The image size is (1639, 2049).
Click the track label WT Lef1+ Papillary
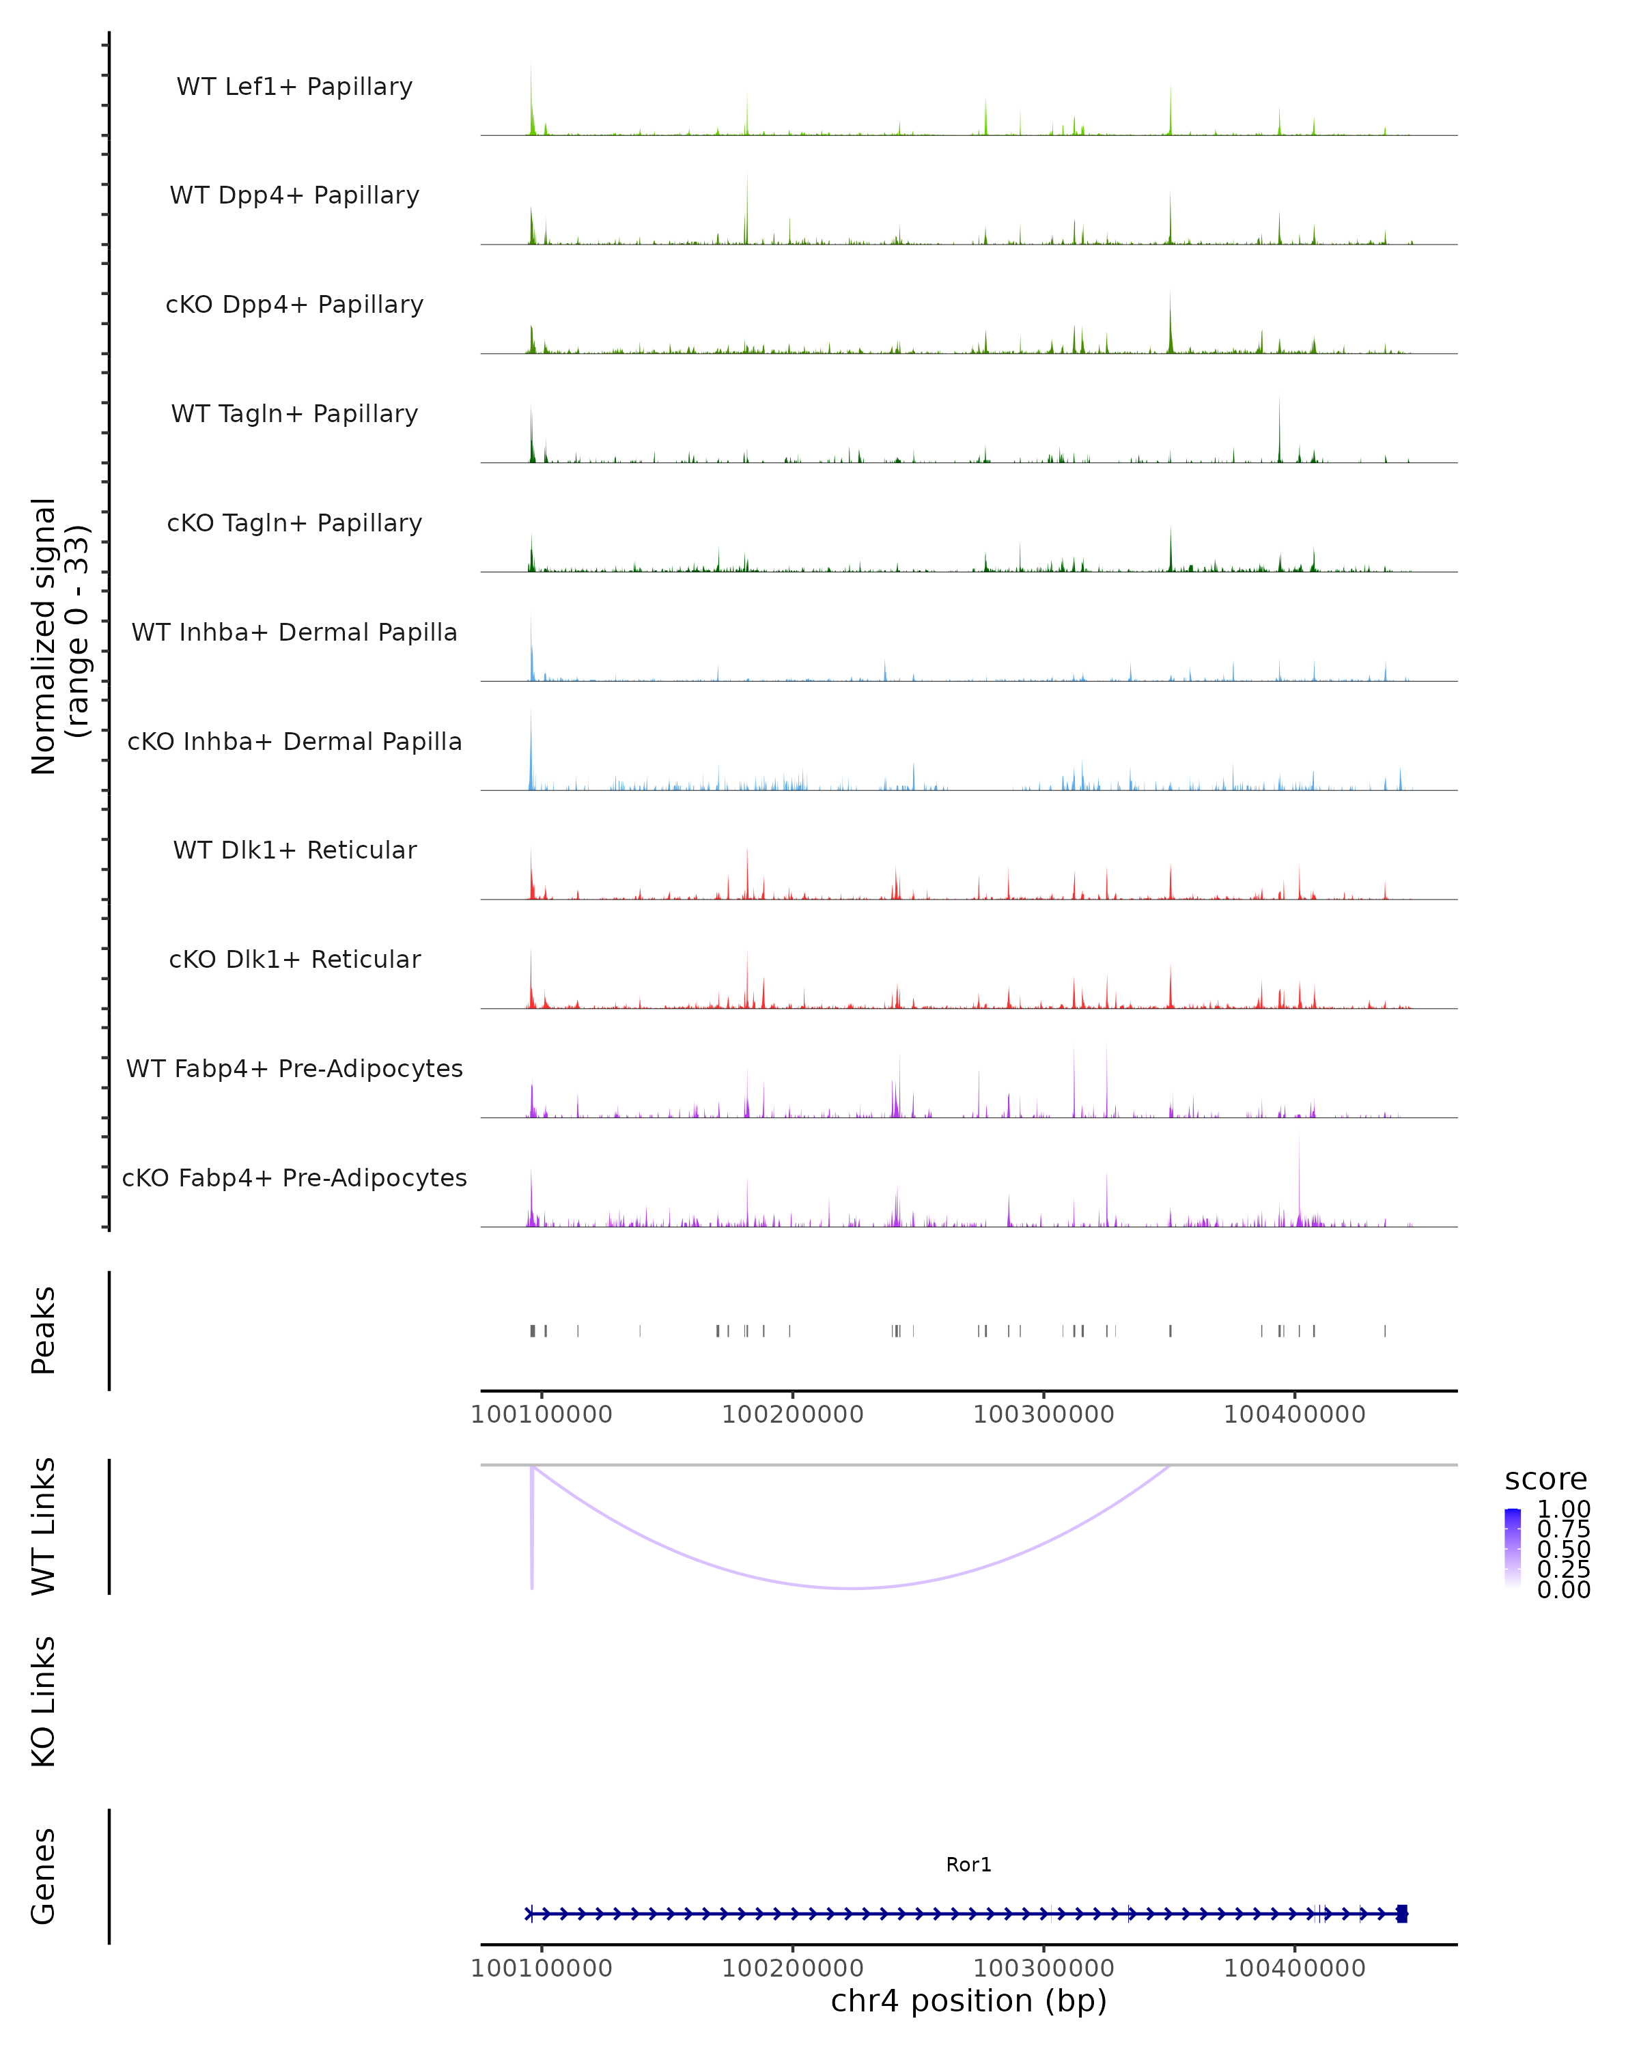click(x=294, y=87)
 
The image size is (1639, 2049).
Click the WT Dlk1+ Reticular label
click(x=294, y=850)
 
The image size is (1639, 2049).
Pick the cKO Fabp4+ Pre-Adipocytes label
click(x=294, y=1177)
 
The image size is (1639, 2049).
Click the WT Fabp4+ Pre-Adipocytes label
click(x=294, y=1068)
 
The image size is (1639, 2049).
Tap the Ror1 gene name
click(x=968, y=1865)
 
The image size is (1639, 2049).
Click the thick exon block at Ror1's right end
click(x=1401, y=1914)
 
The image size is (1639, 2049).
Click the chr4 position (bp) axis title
click(x=968, y=2001)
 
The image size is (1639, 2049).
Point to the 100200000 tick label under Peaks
click(x=792, y=1414)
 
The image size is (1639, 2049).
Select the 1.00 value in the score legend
click(x=1563, y=1509)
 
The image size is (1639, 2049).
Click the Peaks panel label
click(x=44, y=1330)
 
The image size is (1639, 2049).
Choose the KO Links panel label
click(x=44, y=1701)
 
